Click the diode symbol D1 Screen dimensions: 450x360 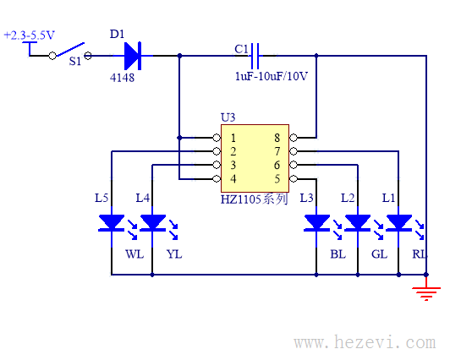133,56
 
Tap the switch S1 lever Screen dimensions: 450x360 70,49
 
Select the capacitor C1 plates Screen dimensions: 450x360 255,56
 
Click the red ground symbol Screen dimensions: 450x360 426,292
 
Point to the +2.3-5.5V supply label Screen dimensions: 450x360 29,35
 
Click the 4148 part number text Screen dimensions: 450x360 122,78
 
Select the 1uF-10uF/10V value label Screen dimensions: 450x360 272,76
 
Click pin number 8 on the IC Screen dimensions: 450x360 277,138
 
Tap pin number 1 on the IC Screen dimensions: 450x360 233,138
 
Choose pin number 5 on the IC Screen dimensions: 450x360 277,179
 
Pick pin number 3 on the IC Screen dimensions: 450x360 233,165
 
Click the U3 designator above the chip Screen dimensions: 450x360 228,117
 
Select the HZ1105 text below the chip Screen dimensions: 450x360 240,199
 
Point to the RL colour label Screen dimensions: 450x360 420,254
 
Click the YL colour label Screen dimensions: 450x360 174,254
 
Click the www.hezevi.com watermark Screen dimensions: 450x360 365,342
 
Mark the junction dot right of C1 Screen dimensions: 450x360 316,56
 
